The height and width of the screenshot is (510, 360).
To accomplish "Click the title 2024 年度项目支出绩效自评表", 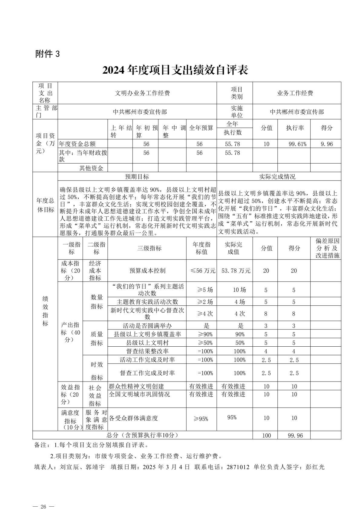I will (175, 70).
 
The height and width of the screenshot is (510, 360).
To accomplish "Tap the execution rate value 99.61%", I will (297, 144).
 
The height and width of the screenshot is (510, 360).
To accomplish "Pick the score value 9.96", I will (327, 144).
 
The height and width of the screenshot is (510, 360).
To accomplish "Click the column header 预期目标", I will (137, 177).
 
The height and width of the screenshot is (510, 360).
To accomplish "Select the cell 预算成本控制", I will (147, 271).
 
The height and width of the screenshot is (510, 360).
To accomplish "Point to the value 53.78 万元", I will (236, 271).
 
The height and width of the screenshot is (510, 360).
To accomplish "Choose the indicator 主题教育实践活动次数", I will (147, 302).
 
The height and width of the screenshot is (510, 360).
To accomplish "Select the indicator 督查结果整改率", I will (147, 351).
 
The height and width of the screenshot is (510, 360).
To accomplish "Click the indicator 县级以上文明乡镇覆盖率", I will (147, 334).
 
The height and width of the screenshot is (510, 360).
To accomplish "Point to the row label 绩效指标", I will (45, 311).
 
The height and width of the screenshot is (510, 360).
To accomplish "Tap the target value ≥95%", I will (201, 419).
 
